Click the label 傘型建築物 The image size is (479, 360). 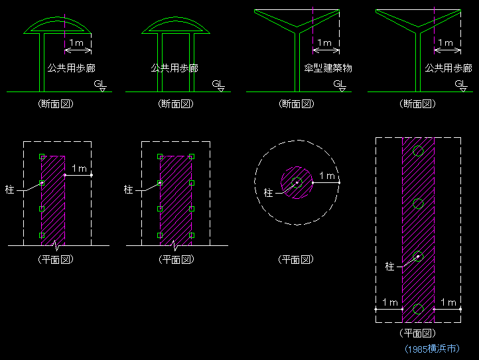[328, 68]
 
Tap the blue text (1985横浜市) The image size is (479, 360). [432, 349]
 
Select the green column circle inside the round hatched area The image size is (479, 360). [297, 182]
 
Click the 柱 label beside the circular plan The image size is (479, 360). [268, 193]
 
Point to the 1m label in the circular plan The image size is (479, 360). [327, 176]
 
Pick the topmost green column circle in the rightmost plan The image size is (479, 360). [418, 151]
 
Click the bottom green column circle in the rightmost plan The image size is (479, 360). [418, 309]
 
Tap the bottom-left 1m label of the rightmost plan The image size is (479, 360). [390, 302]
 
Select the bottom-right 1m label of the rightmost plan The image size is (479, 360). [448, 302]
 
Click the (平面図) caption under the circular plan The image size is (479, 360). [296, 259]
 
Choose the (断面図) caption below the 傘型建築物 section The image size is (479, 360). [297, 104]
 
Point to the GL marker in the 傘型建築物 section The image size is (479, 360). [340, 85]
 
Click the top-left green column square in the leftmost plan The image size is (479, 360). [42, 156]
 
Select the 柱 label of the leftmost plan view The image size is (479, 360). [9, 190]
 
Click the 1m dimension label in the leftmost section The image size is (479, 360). [76, 42]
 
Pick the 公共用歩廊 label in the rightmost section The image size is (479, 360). [448, 68]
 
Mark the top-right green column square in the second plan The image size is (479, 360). [192, 156]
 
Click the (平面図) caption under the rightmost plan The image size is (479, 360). [417, 333]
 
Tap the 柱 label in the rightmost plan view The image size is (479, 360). [390, 267]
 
